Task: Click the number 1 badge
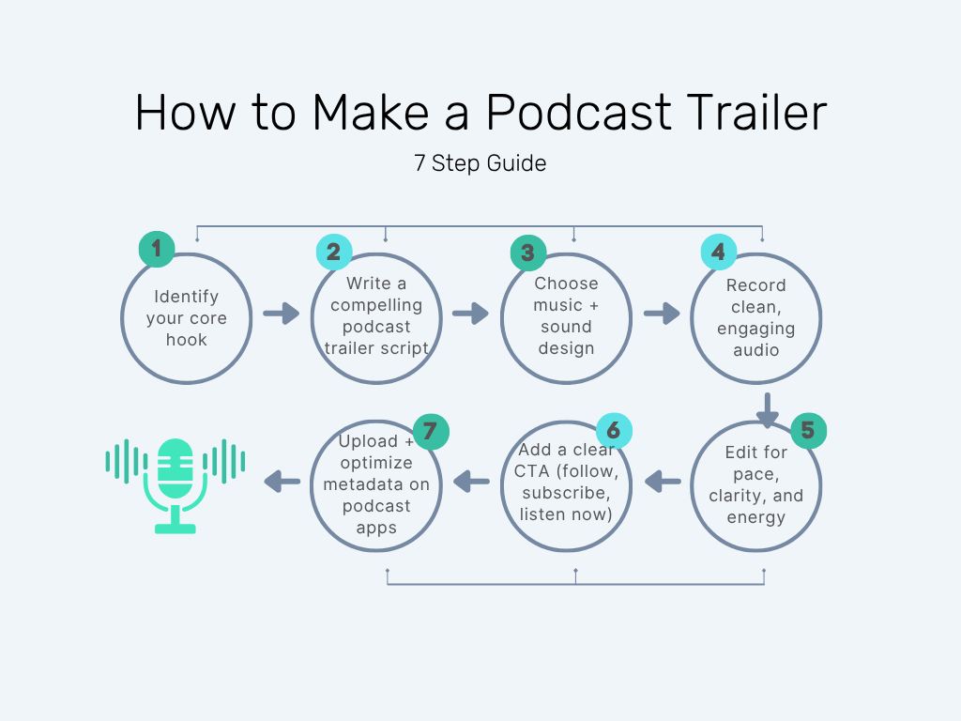(x=157, y=250)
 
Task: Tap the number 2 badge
(x=333, y=252)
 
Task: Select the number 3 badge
(x=527, y=253)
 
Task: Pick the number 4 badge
(x=719, y=252)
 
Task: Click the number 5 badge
(x=808, y=431)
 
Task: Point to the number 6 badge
(x=614, y=431)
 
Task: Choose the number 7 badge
(x=431, y=431)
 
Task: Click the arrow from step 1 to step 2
(x=281, y=313)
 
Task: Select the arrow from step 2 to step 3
(x=470, y=313)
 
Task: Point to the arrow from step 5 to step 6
(x=664, y=482)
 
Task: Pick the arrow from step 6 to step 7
(x=471, y=482)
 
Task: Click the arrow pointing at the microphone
(x=282, y=482)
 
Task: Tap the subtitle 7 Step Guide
(x=480, y=163)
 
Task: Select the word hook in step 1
(x=186, y=340)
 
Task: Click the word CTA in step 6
(x=532, y=470)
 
